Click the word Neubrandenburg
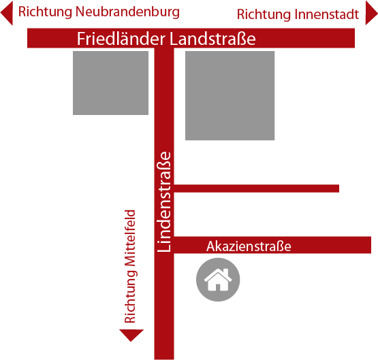point(127,12)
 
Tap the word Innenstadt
point(327,14)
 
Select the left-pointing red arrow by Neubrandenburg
point(7,13)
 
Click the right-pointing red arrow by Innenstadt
point(371,13)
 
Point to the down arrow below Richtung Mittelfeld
point(131,336)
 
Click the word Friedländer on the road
point(121,39)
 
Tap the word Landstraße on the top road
point(212,39)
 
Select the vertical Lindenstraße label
point(164,202)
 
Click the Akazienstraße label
point(249,246)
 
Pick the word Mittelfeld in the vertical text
point(130,238)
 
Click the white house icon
point(218,280)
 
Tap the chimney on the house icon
point(226,273)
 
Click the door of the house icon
point(218,287)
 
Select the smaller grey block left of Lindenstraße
point(110,83)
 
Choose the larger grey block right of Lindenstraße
point(230,95)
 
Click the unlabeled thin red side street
point(257,189)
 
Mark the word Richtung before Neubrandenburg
point(46,12)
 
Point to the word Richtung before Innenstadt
point(264,14)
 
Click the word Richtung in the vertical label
point(130,297)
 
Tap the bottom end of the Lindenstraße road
point(164,359)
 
